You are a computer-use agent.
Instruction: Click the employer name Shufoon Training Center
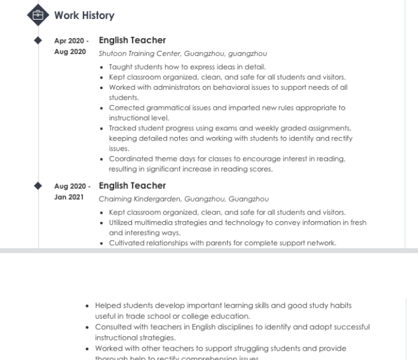[133, 54]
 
